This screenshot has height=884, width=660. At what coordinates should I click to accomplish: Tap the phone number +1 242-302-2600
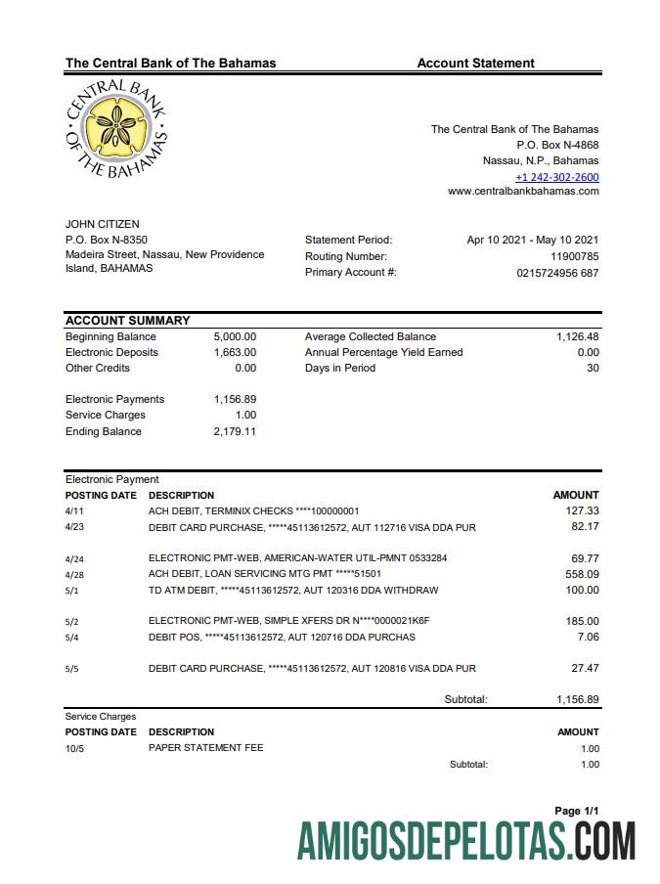(x=556, y=177)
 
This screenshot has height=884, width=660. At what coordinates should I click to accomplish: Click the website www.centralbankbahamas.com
(x=523, y=192)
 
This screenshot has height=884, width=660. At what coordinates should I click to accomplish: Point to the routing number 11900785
(x=574, y=256)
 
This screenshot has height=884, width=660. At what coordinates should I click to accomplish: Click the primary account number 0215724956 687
(x=557, y=273)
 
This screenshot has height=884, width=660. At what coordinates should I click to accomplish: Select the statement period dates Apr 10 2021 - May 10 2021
(x=533, y=240)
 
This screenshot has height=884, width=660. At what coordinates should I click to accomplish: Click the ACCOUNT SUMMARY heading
(x=127, y=321)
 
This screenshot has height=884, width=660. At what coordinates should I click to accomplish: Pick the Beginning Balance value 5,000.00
(x=235, y=336)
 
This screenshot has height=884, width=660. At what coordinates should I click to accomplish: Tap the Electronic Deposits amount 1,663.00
(x=235, y=352)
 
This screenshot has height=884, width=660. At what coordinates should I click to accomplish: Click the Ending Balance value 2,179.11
(x=235, y=431)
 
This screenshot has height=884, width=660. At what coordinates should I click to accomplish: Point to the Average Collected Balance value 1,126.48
(x=577, y=336)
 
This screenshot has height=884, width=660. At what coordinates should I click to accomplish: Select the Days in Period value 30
(x=592, y=368)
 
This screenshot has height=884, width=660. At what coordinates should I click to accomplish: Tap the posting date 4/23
(x=74, y=527)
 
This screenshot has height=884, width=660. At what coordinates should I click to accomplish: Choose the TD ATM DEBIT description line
(x=292, y=591)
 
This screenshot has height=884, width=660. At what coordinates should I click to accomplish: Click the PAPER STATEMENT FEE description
(x=205, y=748)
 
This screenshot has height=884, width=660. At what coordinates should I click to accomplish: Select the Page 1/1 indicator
(x=576, y=811)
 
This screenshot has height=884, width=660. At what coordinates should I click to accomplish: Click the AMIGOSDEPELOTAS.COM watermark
(x=466, y=841)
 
